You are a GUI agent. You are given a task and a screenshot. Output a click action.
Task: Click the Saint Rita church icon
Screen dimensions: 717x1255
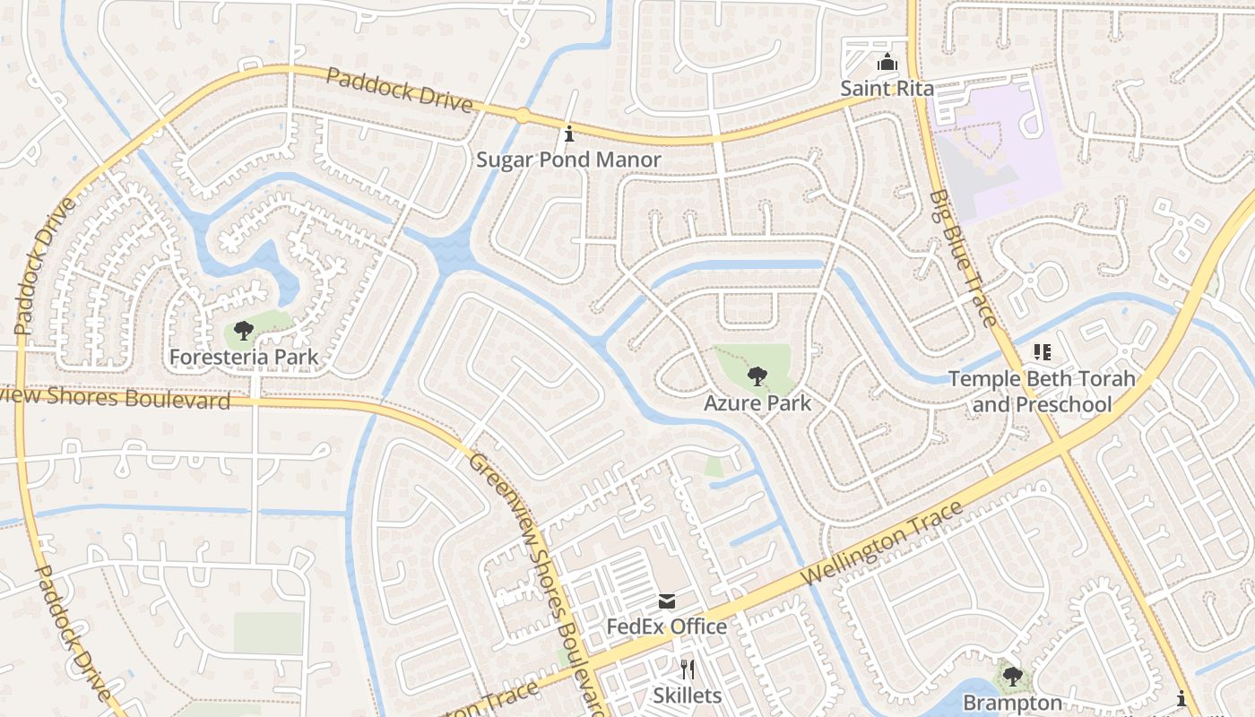click(x=887, y=63)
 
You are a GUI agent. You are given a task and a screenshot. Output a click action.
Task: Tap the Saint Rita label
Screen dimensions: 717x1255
click(x=887, y=88)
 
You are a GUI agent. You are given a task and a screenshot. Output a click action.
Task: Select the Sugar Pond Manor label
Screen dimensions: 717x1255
click(x=568, y=160)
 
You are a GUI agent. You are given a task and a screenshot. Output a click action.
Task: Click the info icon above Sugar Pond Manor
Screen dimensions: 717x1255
click(x=568, y=134)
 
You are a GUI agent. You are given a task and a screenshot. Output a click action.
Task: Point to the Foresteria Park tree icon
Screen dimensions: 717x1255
click(x=243, y=331)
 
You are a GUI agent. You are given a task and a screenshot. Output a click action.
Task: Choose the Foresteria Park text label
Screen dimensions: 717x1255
click(x=244, y=357)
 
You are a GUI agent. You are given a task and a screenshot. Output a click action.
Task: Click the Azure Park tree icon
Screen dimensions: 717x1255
click(x=757, y=376)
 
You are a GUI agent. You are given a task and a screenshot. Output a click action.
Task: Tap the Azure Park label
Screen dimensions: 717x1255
click(x=757, y=403)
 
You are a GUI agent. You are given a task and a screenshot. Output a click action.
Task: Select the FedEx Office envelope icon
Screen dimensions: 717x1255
click(x=667, y=600)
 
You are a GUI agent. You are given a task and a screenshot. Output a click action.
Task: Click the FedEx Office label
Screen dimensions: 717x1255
click(x=667, y=626)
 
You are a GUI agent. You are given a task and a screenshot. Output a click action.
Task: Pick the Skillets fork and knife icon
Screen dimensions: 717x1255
click(x=687, y=669)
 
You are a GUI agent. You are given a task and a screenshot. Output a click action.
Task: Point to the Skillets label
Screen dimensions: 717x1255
click(x=687, y=695)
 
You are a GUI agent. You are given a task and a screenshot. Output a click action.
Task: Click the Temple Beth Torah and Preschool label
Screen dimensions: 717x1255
click(x=1042, y=392)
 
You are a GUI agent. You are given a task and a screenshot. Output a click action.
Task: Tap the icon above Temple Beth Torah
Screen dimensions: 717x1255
click(x=1042, y=352)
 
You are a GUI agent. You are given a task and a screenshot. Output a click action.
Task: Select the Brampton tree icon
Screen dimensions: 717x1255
click(x=1013, y=676)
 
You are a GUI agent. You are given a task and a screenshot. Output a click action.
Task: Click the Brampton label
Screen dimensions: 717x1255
click(x=1013, y=703)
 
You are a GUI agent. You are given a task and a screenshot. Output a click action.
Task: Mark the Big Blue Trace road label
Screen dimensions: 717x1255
click(x=962, y=257)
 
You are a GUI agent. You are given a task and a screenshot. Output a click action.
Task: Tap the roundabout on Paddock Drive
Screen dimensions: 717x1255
click(x=522, y=115)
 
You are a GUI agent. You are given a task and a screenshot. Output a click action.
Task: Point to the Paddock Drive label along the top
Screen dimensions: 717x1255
click(x=399, y=89)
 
